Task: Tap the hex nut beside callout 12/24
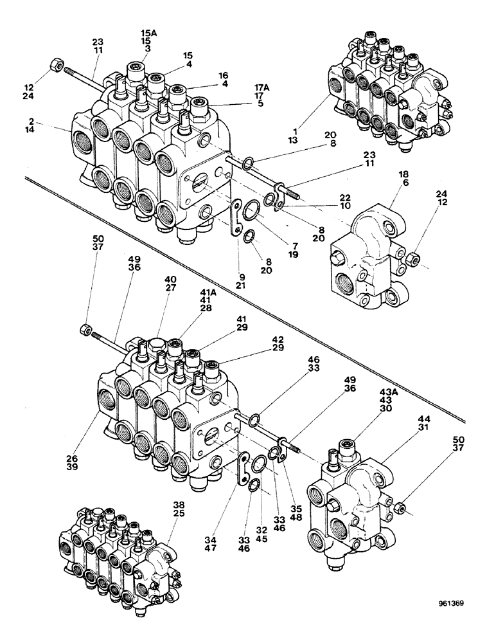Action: [55, 66]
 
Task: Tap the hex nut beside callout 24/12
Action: [413, 260]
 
